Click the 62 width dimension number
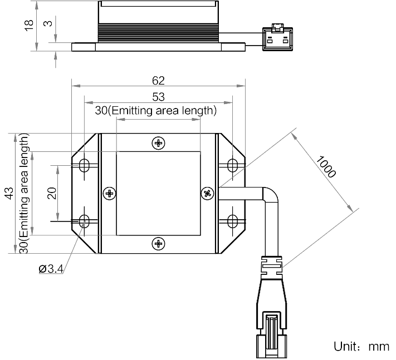pos(158,81)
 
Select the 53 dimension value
pos(158,97)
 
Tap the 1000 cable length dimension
pos(326,167)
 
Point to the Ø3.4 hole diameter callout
pos(51,269)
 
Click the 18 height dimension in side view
pos(29,25)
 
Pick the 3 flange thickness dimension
pos(48,23)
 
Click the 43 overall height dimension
pos(9,193)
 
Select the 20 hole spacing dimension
pos(52,193)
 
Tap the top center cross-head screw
pos(158,143)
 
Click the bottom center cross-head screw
pos(158,244)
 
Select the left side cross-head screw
pos(110,194)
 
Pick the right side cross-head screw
pos(207,194)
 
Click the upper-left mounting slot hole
pos(84,165)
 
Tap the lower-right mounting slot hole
pos(233,221)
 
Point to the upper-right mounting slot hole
pos(233,165)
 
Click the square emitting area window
pos(158,194)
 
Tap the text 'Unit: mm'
pos(361,347)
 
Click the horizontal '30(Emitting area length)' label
pos(156,111)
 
